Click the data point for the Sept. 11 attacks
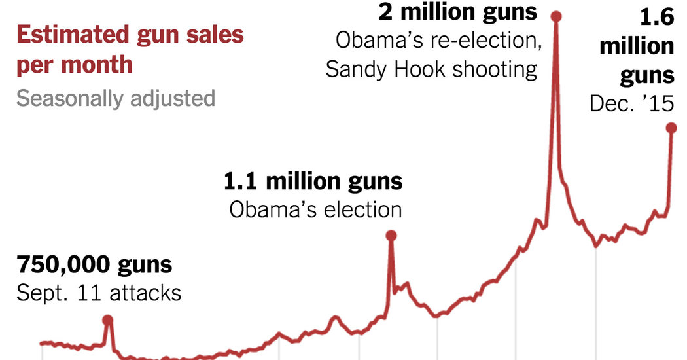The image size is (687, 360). tap(108, 319)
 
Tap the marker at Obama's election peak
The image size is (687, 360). tap(391, 235)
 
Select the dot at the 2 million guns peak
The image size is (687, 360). tap(555, 15)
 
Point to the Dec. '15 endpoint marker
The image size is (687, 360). tap(671, 128)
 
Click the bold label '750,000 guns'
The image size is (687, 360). tap(94, 265)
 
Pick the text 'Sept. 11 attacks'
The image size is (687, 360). tap(99, 293)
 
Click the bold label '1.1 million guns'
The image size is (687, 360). tap(313, 181)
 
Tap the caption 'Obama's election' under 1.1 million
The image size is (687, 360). tap(315, 209)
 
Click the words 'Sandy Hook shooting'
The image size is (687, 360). tap(431, 69)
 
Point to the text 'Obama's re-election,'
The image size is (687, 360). tap(436, 40)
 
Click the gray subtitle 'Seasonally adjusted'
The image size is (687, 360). tap(116, 98)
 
